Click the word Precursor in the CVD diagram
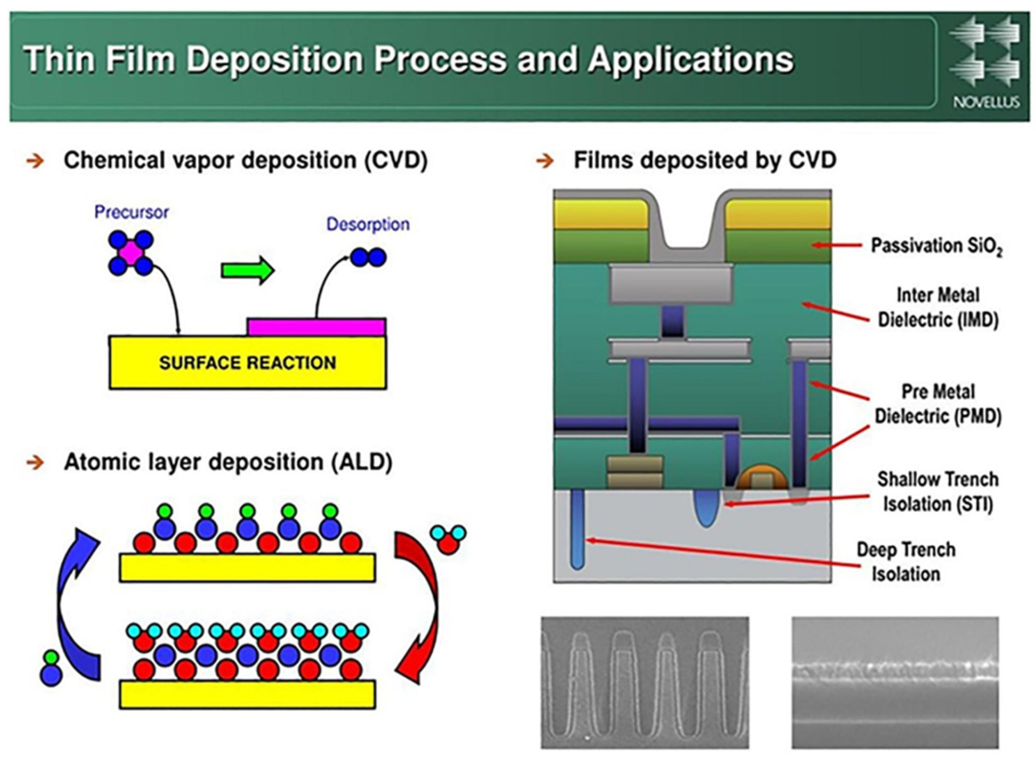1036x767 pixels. pos(131,212)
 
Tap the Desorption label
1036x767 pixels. pos(368,224)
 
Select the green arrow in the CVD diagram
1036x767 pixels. pos(248,270)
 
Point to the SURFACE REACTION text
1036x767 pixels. pos(247,363)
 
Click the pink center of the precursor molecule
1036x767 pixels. pos(131,253)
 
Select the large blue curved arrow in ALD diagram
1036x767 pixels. pos(76,604)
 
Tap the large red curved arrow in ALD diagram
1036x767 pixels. pos(419,604)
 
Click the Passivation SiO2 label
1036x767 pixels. pos(936,246)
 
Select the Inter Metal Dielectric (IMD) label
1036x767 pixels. pos(937,307)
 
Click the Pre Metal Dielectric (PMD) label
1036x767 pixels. pos(937,404)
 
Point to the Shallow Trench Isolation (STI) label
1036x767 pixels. pos(937,491)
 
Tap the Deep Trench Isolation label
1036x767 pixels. pos(906,561)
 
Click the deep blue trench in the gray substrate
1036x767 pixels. pos(577,528)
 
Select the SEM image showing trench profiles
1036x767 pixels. pos(644,682)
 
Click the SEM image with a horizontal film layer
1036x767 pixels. pos(895,682)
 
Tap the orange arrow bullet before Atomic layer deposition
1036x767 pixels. pos(35,462)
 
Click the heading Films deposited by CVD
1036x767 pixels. pos(704,160)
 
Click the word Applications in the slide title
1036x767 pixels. pos(691,59)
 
